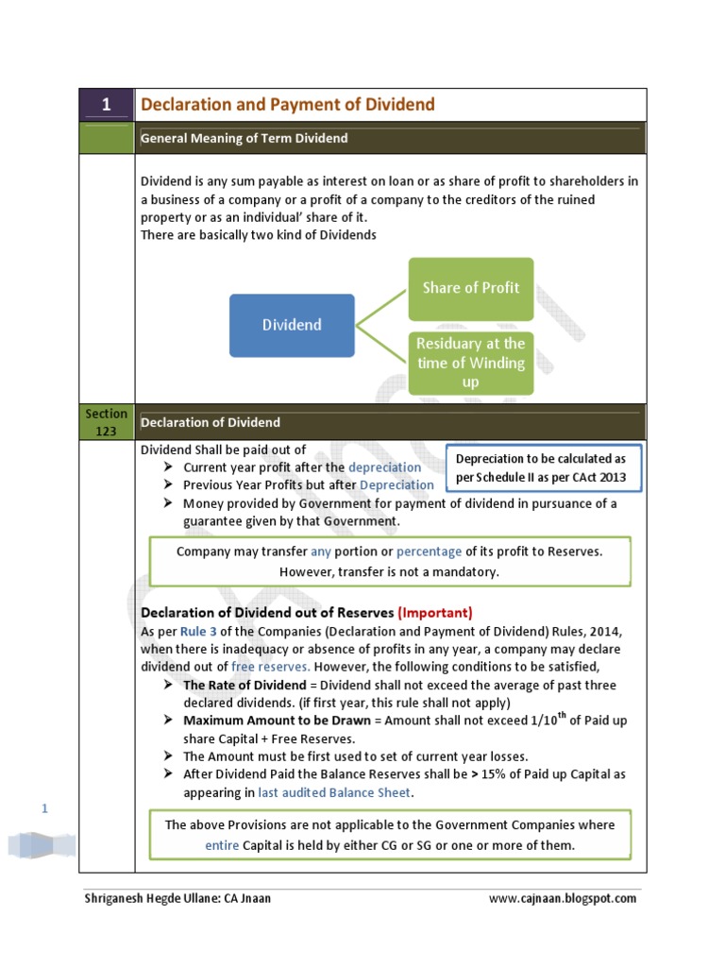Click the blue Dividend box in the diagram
point(292,325)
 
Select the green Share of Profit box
point(470,288)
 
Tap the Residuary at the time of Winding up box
point(470,363)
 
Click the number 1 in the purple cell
point(106,105)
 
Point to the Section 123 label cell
point(106,421)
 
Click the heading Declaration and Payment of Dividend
point(288,105)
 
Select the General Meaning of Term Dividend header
point(244,138)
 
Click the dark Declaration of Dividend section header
point(211,422)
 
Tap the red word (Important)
point(435,612)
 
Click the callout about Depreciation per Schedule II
point(541,467)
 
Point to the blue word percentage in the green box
point(429,551)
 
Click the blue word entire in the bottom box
point(222,844)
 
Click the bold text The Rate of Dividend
point(244,684)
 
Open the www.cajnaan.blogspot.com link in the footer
point(562,898)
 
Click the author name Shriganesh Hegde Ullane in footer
point(152,898)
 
